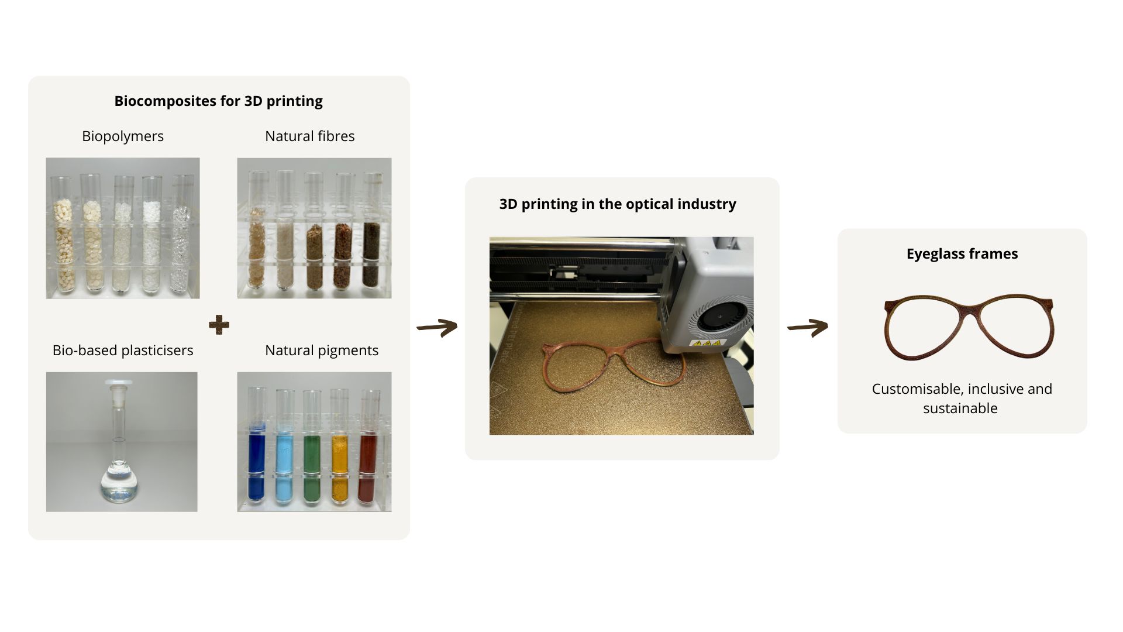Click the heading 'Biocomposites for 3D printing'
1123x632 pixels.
(x=218, y=101)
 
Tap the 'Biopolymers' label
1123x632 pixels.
(x=123, y=136)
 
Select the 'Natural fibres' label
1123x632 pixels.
(x=309, y=136)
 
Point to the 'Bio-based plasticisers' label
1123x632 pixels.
(x=123, y=351)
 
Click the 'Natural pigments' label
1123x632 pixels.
(x=321, y=351)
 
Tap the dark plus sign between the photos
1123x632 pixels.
(x=219, y=325)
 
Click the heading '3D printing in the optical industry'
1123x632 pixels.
(x=618, y=204)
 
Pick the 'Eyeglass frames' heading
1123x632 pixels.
(x=962, y=254)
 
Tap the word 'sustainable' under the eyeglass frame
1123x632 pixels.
(x=960, y=408)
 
